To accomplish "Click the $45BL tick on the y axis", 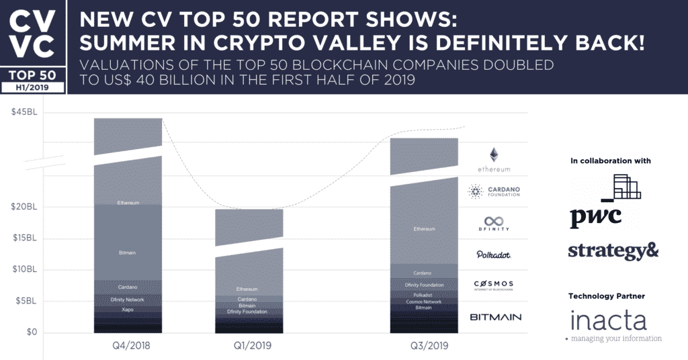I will pos(24,112).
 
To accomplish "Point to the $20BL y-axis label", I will pos(24,207).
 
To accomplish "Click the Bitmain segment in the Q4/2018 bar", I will pos(128,252).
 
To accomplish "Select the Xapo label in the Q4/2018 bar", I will pos(128,310).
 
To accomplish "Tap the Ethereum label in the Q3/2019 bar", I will pos(424,229).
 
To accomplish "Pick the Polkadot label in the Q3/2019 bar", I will pos(424,295).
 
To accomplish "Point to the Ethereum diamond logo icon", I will pos(494,154).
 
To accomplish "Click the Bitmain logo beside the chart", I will pos(495,317).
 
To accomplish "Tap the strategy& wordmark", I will pos(613,251).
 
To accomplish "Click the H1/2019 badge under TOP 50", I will pos(33,87).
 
